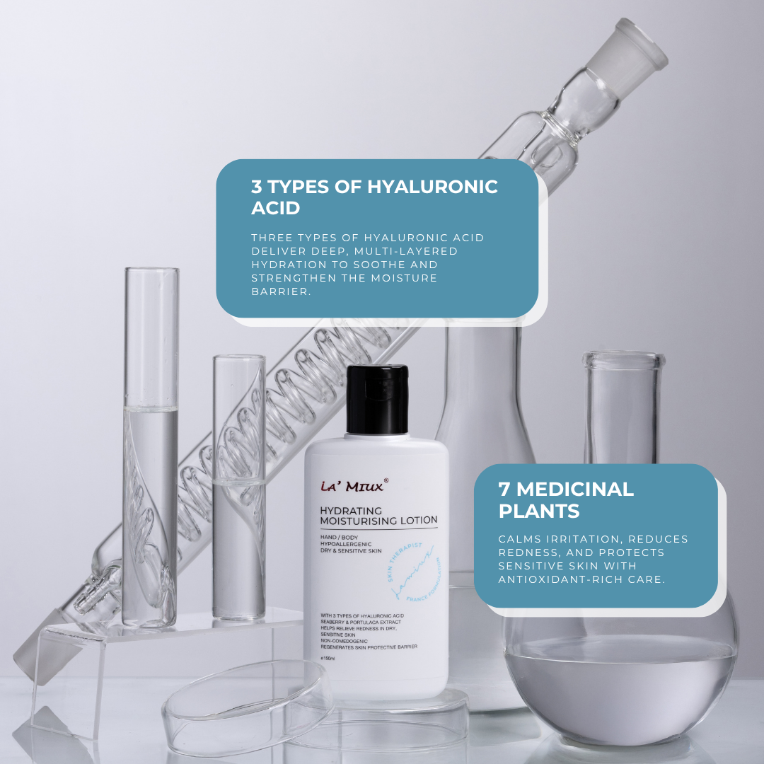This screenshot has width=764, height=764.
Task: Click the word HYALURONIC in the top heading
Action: coord(432,187)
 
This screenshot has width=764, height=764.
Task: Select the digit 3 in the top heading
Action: coord(256,187)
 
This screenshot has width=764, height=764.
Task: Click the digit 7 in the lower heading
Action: coord(504,489)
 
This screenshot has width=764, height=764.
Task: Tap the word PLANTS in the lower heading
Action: coord(539,511)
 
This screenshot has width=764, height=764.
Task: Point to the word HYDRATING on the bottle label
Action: coord(351,510)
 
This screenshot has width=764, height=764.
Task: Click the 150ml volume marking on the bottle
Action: coord(328,659)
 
